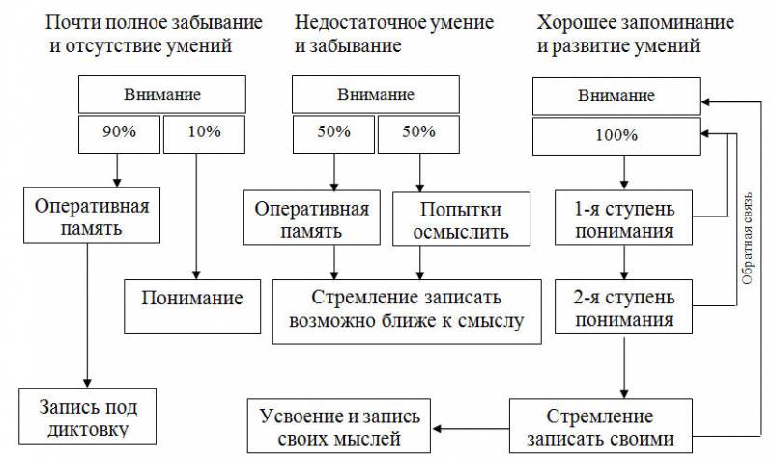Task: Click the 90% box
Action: [117, 134]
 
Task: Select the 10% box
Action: [197, 134]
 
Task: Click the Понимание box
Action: [192, 296]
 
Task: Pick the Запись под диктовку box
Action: [88, 417]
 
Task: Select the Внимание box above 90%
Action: [161, 95]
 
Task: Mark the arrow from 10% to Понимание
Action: [197, 213]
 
